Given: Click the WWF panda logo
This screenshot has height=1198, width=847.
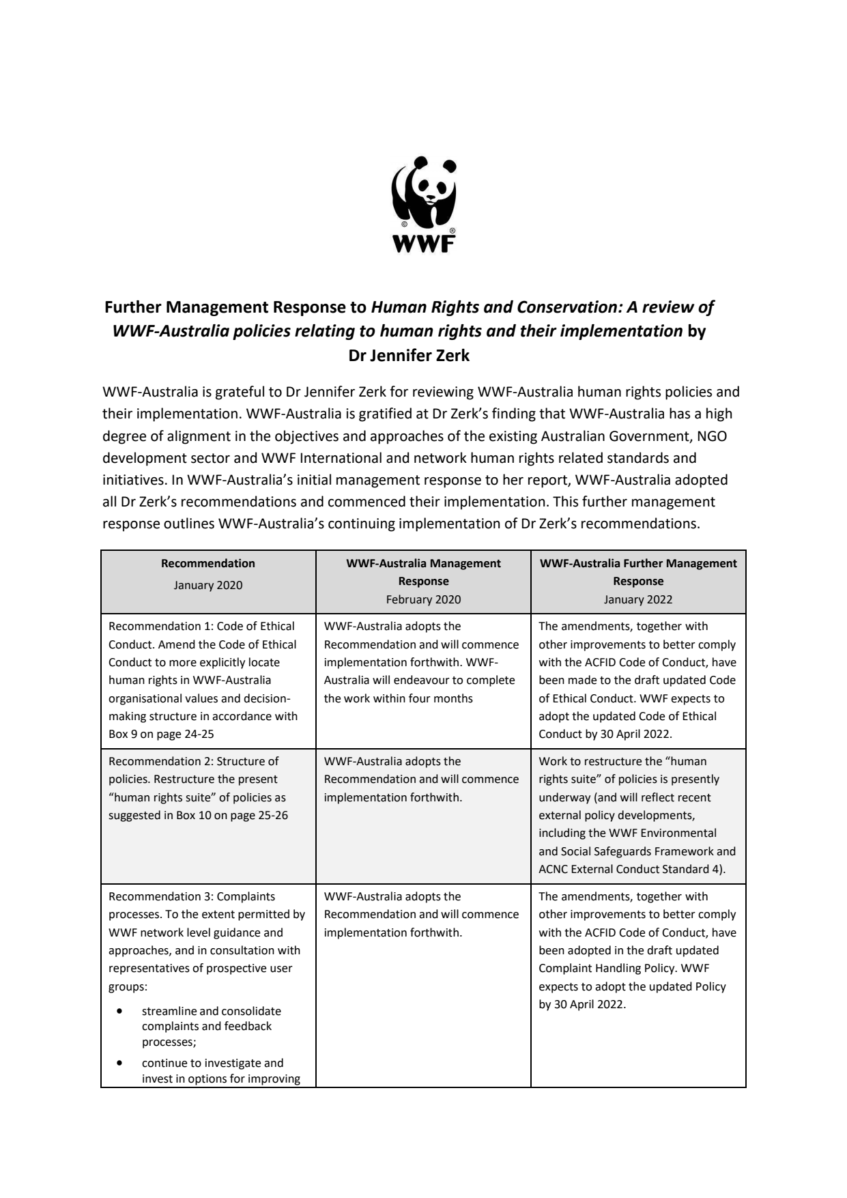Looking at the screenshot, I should [423, 195].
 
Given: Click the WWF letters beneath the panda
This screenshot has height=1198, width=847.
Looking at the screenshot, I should [423, 244].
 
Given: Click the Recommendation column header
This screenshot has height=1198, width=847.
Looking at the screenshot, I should [208, 563].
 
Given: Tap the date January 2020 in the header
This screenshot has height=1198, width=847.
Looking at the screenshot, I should [208, 585].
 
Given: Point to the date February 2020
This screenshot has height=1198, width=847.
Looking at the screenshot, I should [423, 599].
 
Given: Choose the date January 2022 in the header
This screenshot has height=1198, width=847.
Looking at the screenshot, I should [638, 599].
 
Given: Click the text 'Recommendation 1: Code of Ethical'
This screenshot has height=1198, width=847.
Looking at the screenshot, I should [201, 626].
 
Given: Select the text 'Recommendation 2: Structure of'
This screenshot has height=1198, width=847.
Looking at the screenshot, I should [194, 761].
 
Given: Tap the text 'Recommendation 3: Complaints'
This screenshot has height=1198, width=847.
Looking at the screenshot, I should [192, 896].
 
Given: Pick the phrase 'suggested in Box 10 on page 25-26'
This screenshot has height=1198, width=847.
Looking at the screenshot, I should [198, 815].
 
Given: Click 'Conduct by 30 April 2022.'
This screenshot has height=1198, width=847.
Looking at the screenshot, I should [605, 735].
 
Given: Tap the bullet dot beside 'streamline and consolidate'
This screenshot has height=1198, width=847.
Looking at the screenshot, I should [121, 1011].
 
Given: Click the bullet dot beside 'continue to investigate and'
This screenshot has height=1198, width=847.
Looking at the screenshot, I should [121, 1063].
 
